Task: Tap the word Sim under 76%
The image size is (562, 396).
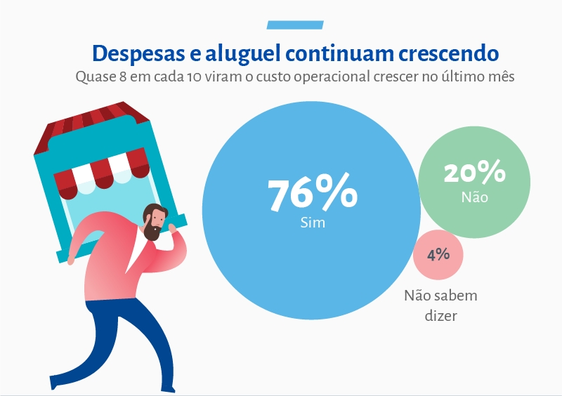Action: (x=311, y=223)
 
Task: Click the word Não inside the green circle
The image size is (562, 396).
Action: (x=474, y=197)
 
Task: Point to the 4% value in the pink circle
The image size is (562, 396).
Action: (x=438, y=253)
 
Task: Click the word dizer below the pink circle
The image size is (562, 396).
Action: (x=440, y=316)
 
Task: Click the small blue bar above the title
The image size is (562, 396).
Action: (x=295, y=25)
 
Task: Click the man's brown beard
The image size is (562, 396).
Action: (x=152, y=232)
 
